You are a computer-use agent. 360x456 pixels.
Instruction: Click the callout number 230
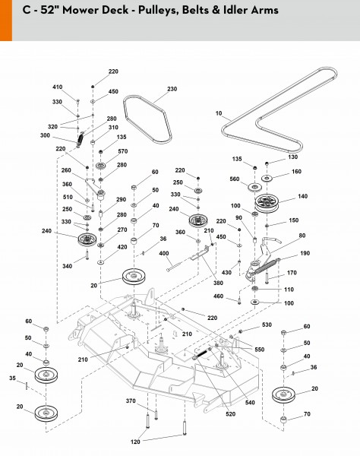(172, 89)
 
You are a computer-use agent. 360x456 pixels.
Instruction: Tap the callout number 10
(219, 113)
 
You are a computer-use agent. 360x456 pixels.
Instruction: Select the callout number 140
(302, 196)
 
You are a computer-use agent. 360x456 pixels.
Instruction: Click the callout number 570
(122, 151)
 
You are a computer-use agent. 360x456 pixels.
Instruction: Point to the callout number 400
(164, 253)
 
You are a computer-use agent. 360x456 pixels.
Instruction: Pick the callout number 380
(218, 283)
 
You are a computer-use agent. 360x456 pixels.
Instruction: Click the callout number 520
(230, 414)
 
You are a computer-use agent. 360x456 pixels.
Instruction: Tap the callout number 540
(250, 403)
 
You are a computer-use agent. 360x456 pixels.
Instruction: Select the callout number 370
(131, 401)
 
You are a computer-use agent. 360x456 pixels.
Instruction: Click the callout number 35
(12, 378)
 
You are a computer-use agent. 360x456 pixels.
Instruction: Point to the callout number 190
(305, 253)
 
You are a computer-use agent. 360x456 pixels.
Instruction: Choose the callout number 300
(45, 135)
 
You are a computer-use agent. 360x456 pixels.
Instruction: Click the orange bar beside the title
(6, 21)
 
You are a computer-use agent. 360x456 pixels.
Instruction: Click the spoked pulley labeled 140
(267, 202)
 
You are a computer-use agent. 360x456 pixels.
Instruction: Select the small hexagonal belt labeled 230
(147, 119)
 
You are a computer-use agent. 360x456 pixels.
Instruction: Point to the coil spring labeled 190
(264, 267)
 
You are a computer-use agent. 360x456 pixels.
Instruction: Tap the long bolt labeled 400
(178, 265)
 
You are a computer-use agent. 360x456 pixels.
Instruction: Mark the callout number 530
(267, 325)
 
